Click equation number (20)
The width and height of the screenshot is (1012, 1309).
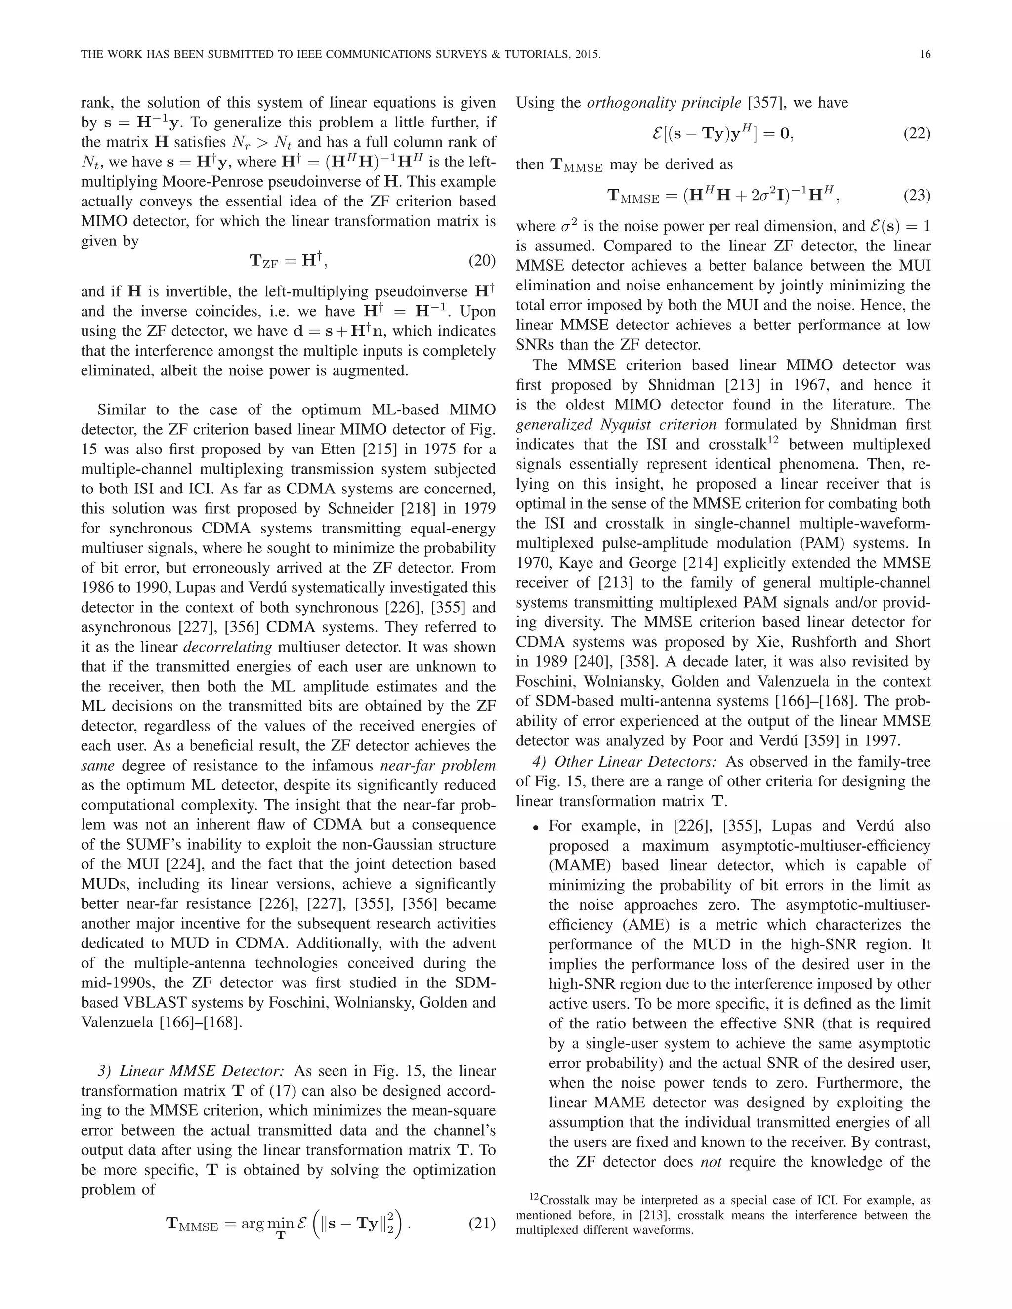(481, 261)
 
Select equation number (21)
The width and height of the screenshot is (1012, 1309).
(481, 1223)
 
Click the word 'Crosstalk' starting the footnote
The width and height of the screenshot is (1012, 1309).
(563, 1200)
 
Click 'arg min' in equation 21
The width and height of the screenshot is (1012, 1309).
(263, 1223)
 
